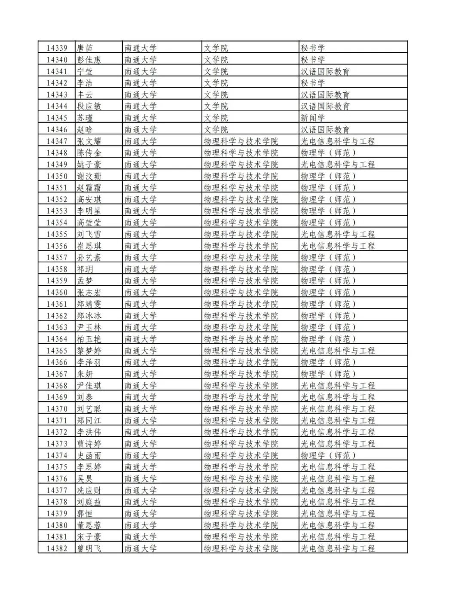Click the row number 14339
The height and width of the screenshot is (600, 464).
(x=57, y=48)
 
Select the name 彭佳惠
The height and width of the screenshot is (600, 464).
(x=89, y=60)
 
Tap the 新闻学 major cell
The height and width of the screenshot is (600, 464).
(x=313, y=118)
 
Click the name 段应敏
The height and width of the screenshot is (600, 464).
(x=89, y=107)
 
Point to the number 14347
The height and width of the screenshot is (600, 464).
(x=57, y=141)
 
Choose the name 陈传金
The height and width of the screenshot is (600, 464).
(x=89, y=153)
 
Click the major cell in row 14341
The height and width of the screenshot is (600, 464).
(x=325, y=72)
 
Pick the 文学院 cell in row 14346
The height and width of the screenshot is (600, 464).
(x=216, y=130)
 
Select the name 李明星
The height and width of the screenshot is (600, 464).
(x=89, y=211)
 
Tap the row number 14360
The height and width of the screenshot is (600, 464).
(x=57, y=292)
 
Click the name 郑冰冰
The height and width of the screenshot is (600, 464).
(x=89, y=316)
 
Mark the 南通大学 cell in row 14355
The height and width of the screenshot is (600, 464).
(x=140, y=235)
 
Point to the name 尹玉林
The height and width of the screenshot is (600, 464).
(x=89, y=327)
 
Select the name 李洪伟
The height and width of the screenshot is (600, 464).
(x=89, y=432)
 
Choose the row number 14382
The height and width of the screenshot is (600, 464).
(x=57, y=548)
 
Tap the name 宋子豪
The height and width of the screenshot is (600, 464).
(x=89, y=537)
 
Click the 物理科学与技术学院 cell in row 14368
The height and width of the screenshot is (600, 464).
(x=241, y=386)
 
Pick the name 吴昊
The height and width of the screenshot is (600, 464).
(x=85, y=478)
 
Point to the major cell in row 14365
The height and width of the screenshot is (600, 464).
(x=338, y=351)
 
